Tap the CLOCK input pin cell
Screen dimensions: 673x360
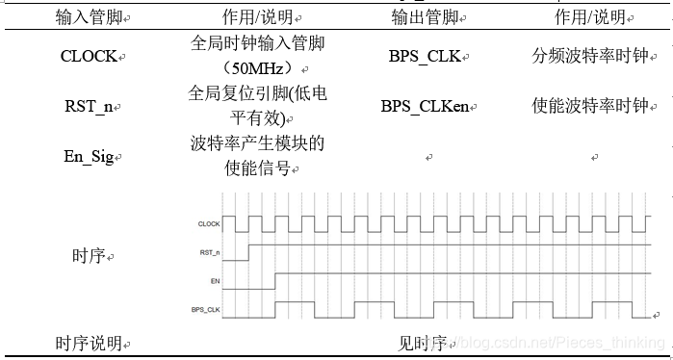tap(90, 56)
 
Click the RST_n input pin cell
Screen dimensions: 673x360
tap(90, 106)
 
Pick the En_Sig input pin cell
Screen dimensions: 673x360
tap(90, 156)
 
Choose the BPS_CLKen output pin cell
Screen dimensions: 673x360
tap(425, 106)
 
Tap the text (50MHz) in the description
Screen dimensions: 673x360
tap(252, 68)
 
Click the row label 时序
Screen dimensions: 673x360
tap(90, 256)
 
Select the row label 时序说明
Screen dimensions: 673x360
tap(90, 343)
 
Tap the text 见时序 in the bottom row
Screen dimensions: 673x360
tap(425, 343)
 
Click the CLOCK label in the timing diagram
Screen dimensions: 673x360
tap(209, 224)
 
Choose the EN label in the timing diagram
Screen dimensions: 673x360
tap(215, 281)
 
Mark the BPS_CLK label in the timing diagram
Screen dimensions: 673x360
tap(206, 310)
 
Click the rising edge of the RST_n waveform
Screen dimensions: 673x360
tap(248, 252)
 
